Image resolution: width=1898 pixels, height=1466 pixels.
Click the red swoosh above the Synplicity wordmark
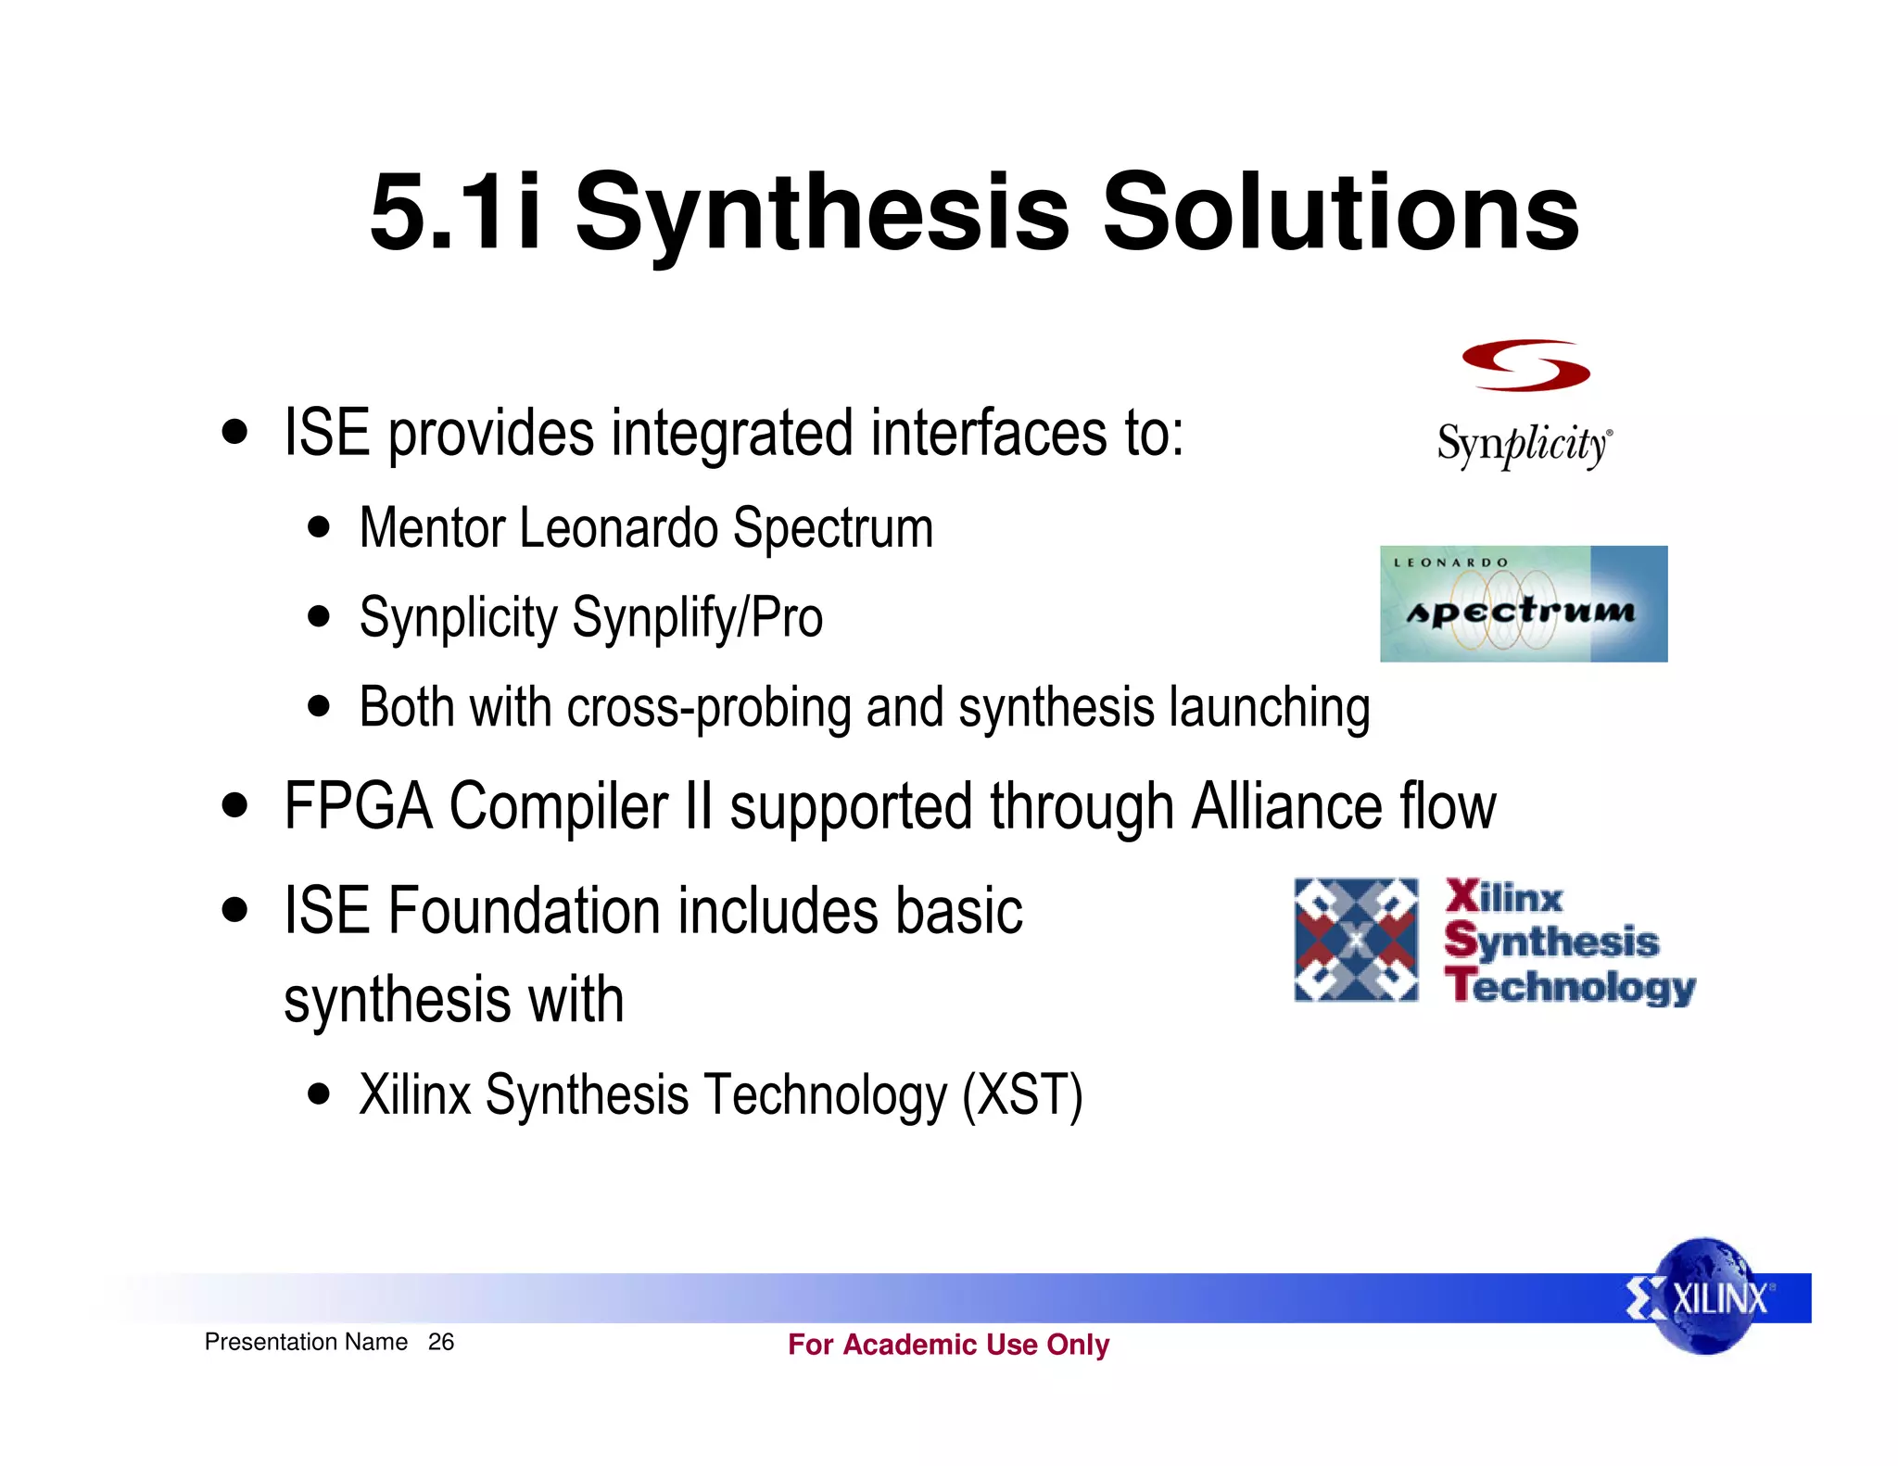[1525, 365]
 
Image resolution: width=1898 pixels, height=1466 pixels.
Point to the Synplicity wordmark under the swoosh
[1525, 446]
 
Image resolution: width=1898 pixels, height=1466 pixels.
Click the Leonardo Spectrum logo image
[1524, 603]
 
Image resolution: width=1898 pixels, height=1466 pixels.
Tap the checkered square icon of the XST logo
[1356, 940]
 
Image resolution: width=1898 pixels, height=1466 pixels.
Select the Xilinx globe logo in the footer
[1705, 1296]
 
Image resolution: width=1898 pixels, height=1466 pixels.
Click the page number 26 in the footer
[441, 1342]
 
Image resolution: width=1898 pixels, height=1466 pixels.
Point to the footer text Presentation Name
[306, 1342]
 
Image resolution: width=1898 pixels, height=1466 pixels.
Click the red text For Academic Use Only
[948, 1344]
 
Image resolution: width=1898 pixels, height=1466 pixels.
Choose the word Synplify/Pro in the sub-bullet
[697, 618]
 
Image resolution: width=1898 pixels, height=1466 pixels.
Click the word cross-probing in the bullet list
[709, 709]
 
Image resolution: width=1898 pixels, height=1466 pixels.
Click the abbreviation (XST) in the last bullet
[1022, 1095]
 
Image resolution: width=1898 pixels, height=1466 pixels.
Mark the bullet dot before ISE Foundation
[235, 910]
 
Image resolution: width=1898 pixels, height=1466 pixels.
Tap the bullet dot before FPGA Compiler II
[235, 805]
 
